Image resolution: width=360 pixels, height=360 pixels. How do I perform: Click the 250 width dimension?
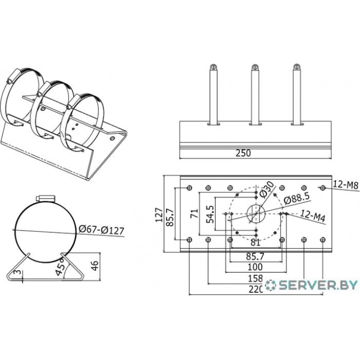(243, 153)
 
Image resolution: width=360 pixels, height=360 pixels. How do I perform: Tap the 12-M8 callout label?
(345, 184)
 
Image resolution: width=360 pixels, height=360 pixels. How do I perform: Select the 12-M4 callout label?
(313, 216)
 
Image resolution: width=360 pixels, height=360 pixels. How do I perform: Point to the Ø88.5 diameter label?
(296, 198)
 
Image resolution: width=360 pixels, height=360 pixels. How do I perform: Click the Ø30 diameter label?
(267, 189)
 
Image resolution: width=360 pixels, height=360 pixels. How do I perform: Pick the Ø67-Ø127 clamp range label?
(101, 230)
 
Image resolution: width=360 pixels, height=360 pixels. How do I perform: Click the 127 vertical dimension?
(159, 214)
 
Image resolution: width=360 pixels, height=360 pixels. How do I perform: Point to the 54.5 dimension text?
(210, 214)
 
